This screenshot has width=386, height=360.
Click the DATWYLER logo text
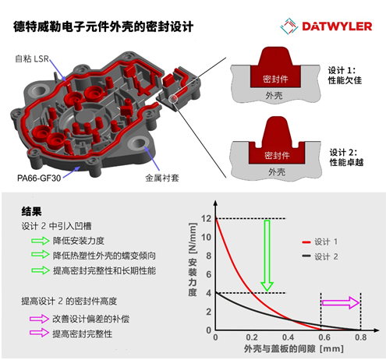pyautogui.click(x=337, y=26)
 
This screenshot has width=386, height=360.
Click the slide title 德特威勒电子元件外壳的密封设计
pyautogui.click(x=103, y=26)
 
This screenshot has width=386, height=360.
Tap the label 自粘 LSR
pyautogui.click(x=32, y=58)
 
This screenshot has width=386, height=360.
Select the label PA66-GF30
pyautogui.click(x=39, y=178)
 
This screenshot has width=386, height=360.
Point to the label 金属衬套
pyautogui.click(x=162, y=178)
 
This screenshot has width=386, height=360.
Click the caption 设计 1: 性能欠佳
pyautogui.click(x=345, y=76)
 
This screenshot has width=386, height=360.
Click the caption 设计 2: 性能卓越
pyautogui.click(x=346, y=157)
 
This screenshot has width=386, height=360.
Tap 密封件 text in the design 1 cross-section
pyautogui.click(x=275, y=79)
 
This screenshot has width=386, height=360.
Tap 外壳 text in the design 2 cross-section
pyautogui.click(x=277, y=171)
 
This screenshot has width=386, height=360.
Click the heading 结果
pyautogui.click(x=31, y=211)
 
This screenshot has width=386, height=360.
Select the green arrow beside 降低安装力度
pyautogui.click(x=41, y=241)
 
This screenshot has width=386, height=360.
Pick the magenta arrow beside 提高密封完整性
pyautogui.click(x=39, y=333)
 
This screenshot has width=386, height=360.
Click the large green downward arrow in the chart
pyautogui.click(x=267, y=256)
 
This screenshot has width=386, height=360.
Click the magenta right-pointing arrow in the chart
pyautogui.click(x=341, y=302)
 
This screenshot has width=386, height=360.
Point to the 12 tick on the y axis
pyautogui.click(x=207, y=218)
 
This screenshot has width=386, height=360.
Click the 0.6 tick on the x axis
pyautogui.click(x=324, y=337)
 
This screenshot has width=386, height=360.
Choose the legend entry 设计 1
pyautogui.click(x=320, y=242)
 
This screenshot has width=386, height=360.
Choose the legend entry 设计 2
pyautogui.click(x=320, y=256)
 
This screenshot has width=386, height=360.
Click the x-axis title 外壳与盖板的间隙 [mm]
pyautogui.click(x=294, y=349)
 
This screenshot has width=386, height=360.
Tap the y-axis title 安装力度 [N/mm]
pyautogui.click(x=193, y=259)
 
